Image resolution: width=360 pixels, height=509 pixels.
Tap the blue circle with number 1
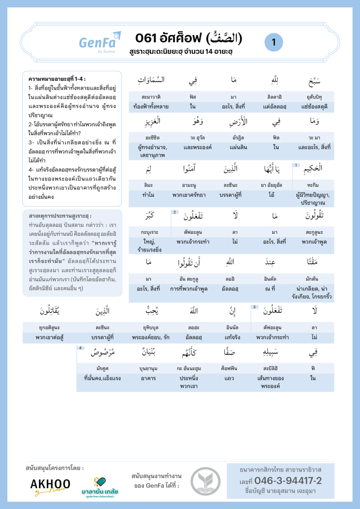tap(274, 42)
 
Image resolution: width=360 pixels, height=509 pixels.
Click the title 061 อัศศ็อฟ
tap(189, 37)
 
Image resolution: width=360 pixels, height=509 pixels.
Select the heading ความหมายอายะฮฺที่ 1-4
tap(57, 79)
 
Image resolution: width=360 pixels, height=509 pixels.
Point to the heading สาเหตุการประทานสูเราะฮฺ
tap(60, 216)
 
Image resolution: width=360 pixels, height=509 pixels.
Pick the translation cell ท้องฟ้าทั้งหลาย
tap(154, 106)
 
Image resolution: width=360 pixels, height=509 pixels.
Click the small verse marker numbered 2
tap(175, 212)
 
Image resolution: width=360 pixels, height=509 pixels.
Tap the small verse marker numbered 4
tap(80, 348)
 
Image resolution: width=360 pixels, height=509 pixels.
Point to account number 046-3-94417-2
tap(288, 481)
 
